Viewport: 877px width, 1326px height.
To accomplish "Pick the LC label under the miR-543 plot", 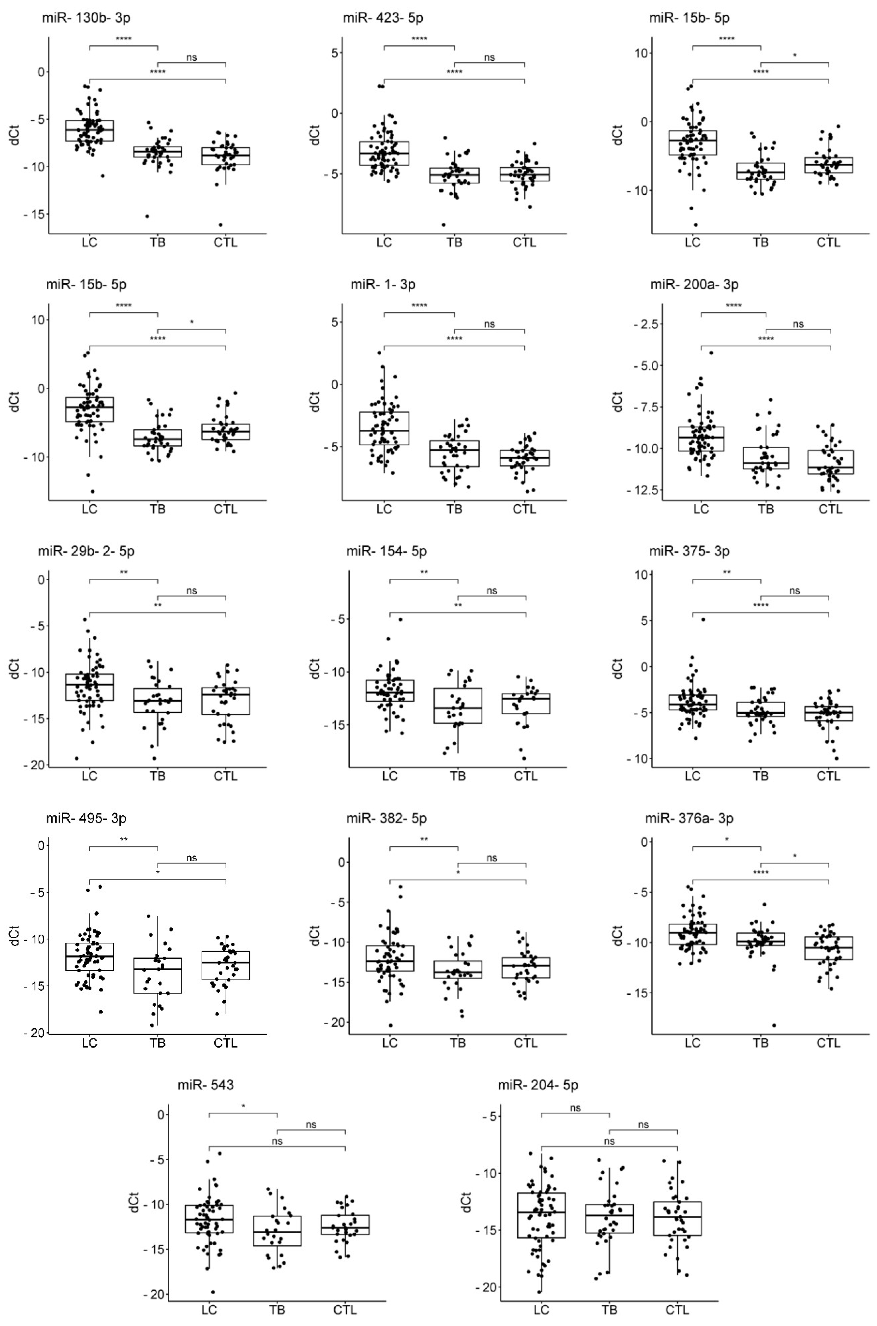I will pyautogui.click(x=209, y=1310).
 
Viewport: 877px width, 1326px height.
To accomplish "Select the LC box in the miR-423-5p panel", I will pyautogui.click(x=384, y=153).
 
